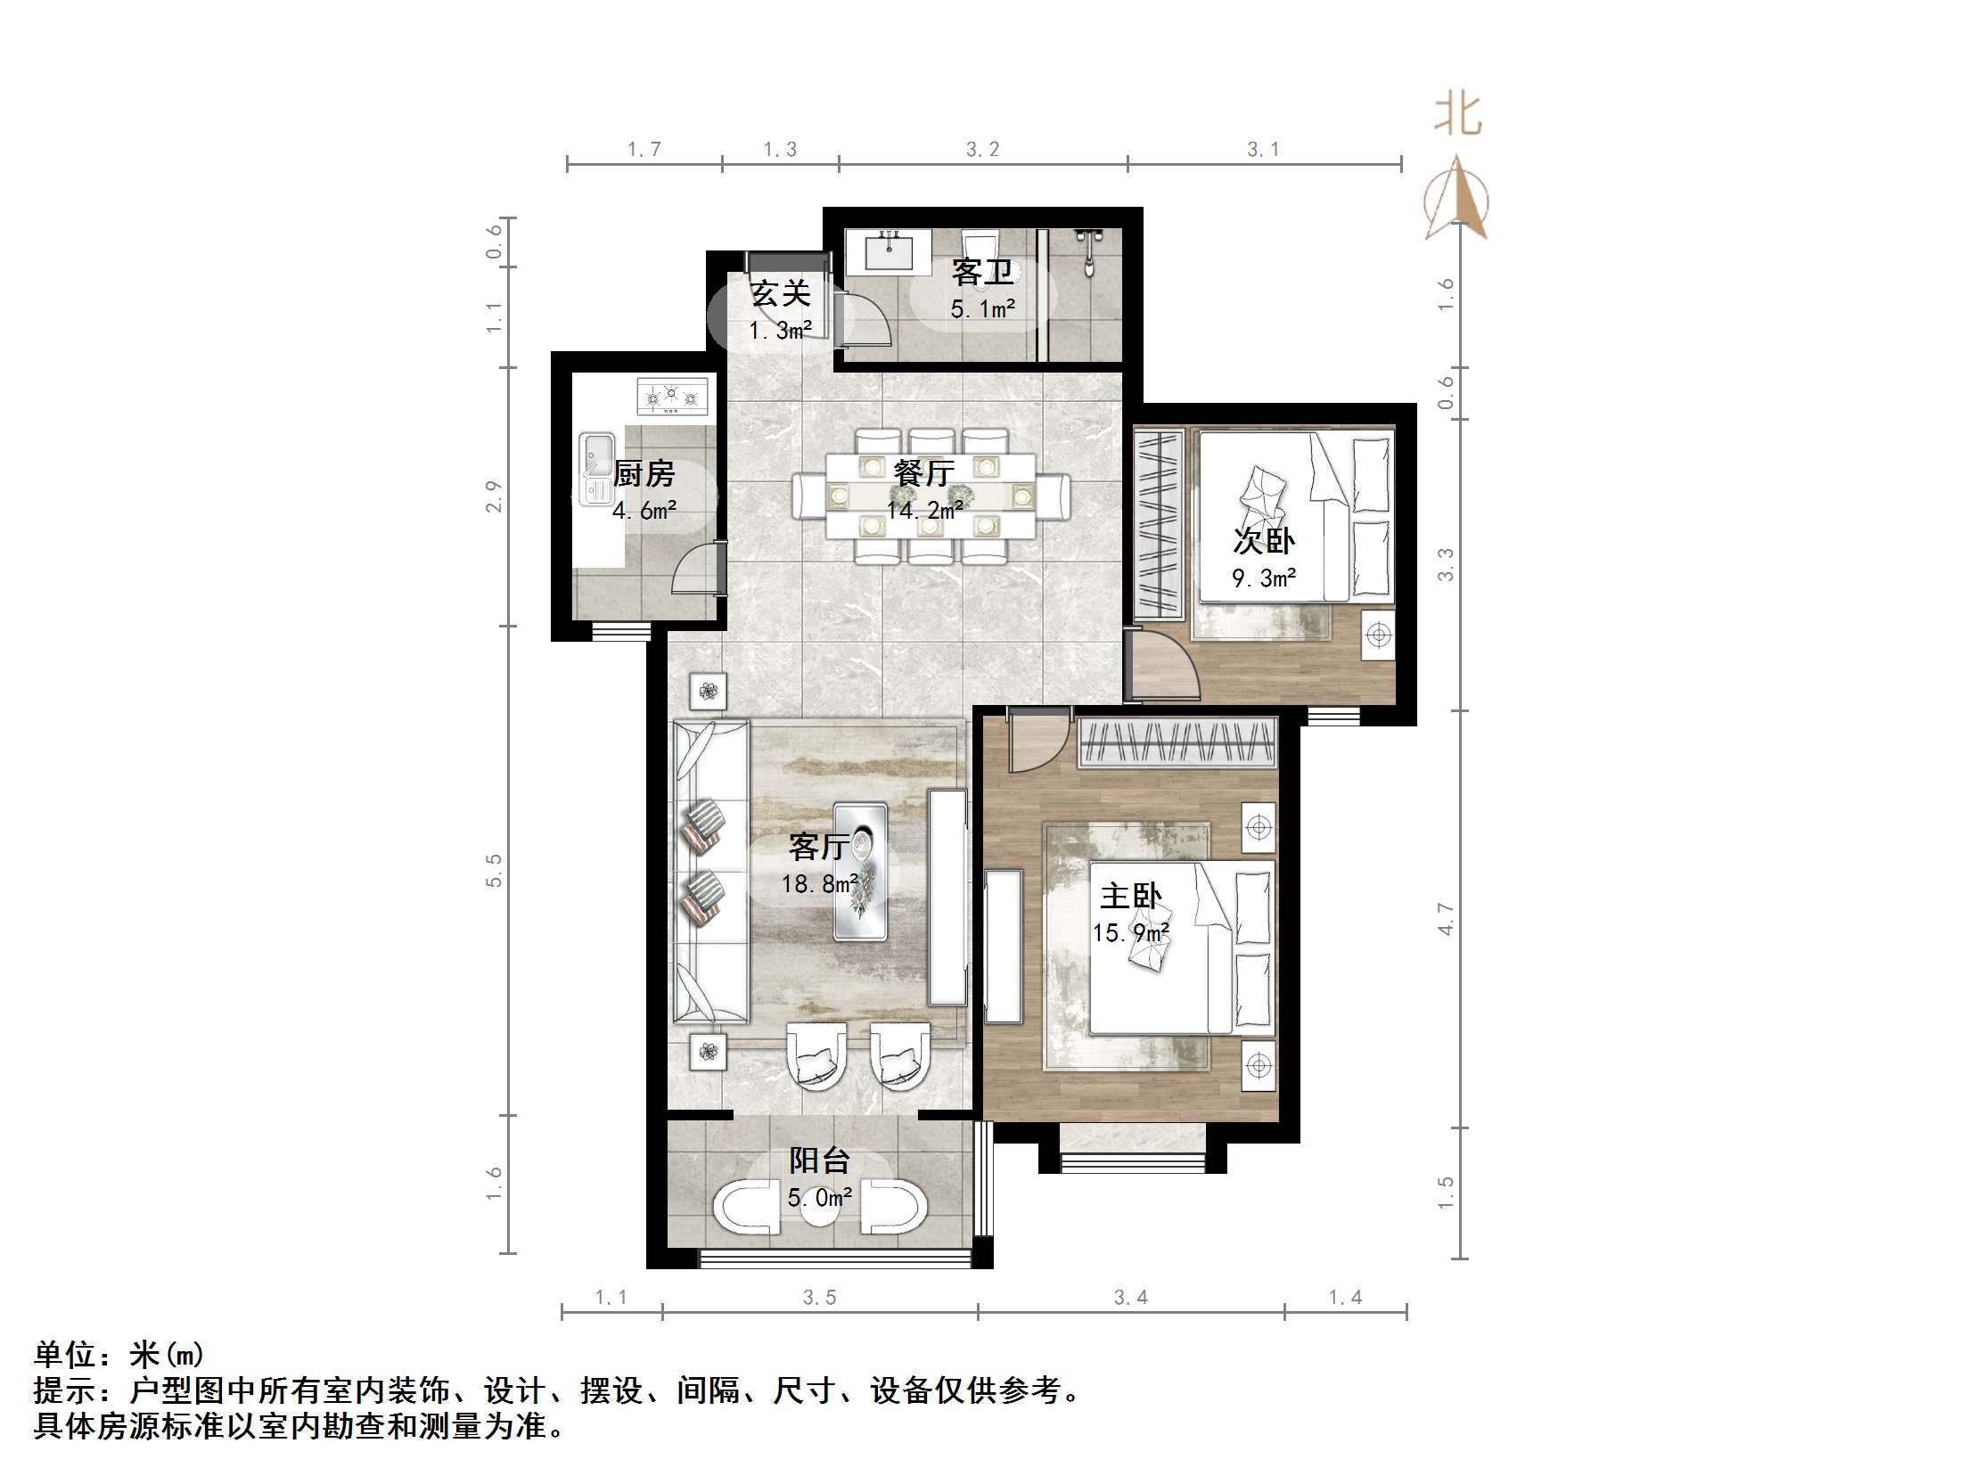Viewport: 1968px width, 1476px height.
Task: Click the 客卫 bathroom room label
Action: [x=981, y=271]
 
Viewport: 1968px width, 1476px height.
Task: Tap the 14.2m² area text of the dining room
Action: [x=924, y=511]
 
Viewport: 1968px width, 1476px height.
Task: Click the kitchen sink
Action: [x=596, y=469]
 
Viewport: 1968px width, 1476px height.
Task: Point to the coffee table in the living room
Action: [x=860, y=871]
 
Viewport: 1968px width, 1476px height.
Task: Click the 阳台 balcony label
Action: [x=819, y=1160]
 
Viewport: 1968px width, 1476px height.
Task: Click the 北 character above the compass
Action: [x=1457, y=115]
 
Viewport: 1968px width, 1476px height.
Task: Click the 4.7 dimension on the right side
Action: [x=1446, y=919]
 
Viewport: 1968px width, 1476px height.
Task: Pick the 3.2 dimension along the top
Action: [x=982, y=150]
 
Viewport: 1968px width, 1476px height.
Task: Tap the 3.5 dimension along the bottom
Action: [x=819, y=1298]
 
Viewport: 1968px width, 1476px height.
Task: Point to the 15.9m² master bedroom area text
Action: [x=1130, y=933]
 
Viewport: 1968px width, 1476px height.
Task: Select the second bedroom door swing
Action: [x=1164, y=664]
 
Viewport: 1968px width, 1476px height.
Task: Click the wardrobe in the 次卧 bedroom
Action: [x=1158, y=524]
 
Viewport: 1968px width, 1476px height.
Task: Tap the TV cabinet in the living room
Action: [x=947, y=897]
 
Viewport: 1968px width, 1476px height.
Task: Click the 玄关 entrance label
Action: [x=780, y=293]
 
